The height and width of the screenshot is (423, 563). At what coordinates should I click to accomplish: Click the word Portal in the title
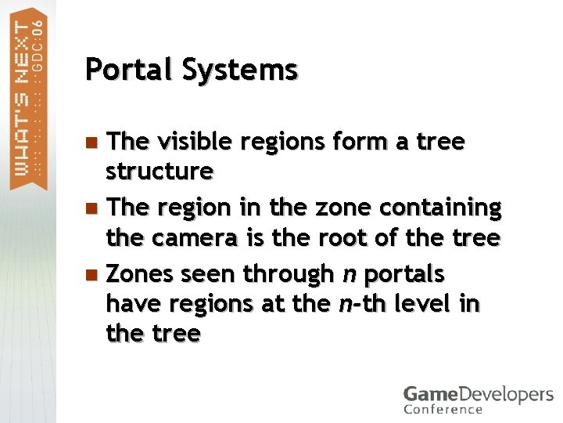[129, 70]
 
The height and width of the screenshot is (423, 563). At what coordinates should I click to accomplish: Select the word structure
[160, 170]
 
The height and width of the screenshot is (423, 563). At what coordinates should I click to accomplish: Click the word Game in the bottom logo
[427, 394]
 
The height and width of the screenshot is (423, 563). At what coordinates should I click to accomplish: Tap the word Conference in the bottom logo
[443, 409]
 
